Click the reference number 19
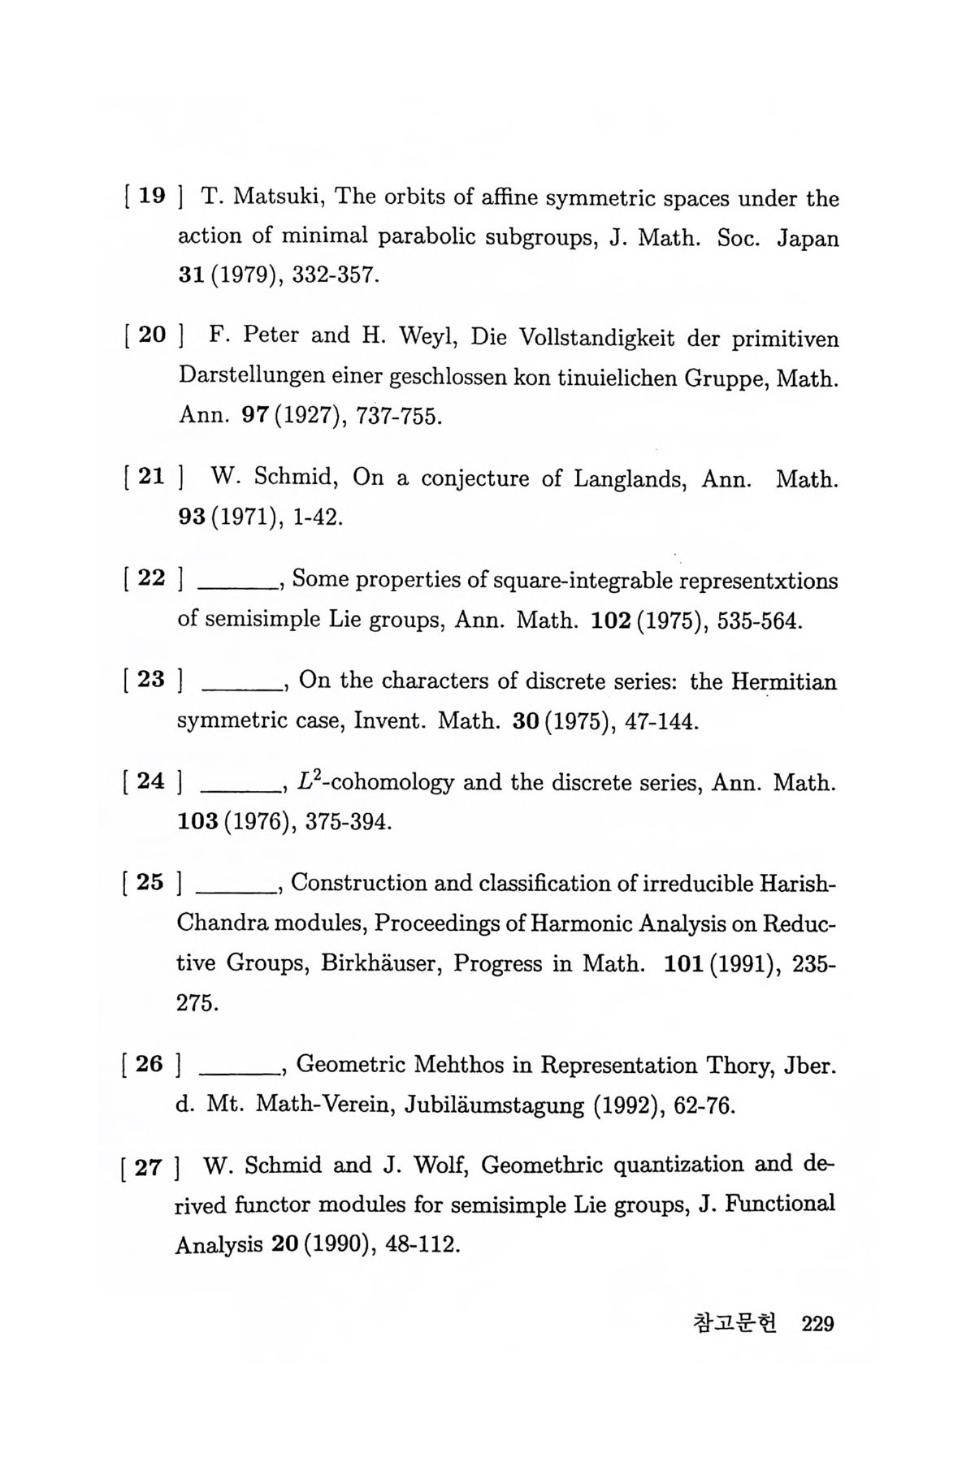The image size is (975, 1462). pos(152,196)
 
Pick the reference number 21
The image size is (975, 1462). pos(152,477)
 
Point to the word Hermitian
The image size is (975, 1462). pos(783,682)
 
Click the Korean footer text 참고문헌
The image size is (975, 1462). pos(734,1324)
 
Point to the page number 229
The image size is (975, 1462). pos(817,1325)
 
